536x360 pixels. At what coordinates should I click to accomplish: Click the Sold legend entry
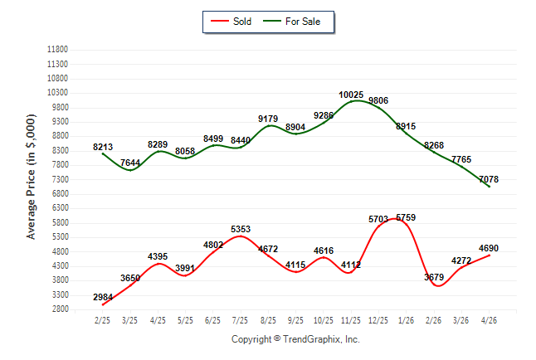(x=231, y=22)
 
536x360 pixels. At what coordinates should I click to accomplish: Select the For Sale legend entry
(x=291, y=22)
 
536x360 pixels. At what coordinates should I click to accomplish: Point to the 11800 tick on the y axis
(x=57, y=50)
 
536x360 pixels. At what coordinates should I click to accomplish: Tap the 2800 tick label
(x=60, y=309)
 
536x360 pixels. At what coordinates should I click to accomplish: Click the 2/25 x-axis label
(x=102, y=320)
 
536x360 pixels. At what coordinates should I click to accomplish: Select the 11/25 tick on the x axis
(x=351, y=320)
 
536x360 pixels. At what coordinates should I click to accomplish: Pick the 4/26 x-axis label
(x=489, y=320)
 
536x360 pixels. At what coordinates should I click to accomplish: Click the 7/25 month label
(x=240, y=320)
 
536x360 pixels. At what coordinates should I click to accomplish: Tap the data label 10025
(x=351, y=95)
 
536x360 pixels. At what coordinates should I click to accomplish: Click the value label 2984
(x=103, y=297)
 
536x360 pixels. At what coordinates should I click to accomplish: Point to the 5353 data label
(x=241, y=229)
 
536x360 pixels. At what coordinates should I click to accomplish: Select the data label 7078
(x=489, y=179)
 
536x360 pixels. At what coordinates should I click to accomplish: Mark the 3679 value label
(x=434, y=277)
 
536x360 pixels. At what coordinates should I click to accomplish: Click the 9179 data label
(x=268, y=119)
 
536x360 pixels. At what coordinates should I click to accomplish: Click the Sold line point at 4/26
(x=490, y=255)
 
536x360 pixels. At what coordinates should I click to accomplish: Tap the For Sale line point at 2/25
(x=103, y=153)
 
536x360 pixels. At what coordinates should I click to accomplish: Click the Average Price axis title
(x=31, y=177)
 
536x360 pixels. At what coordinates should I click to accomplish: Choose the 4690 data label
(x=489, y=248)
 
